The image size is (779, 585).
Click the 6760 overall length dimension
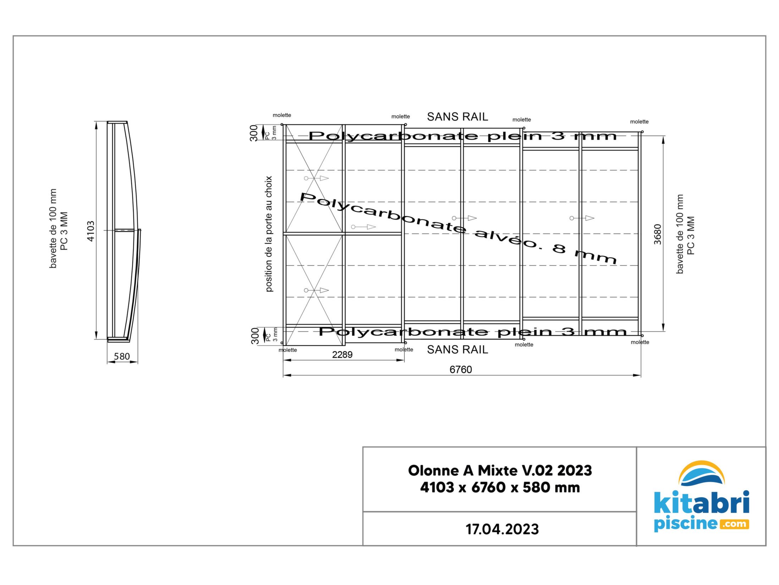click(x=460, y=370)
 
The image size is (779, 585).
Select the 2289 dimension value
click(x=342, y=355)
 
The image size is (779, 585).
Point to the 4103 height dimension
click(x=91, y=231)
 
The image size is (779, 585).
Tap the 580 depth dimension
click(x=122, y=356)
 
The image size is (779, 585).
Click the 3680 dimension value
click(x=658, y=234)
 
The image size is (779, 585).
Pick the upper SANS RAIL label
click(x=457, y=117)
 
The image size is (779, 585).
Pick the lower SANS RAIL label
click(x=457, y=350)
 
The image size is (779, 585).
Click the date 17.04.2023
click(x=502, y=529)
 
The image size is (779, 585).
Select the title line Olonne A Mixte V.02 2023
click(x=500, y=470)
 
